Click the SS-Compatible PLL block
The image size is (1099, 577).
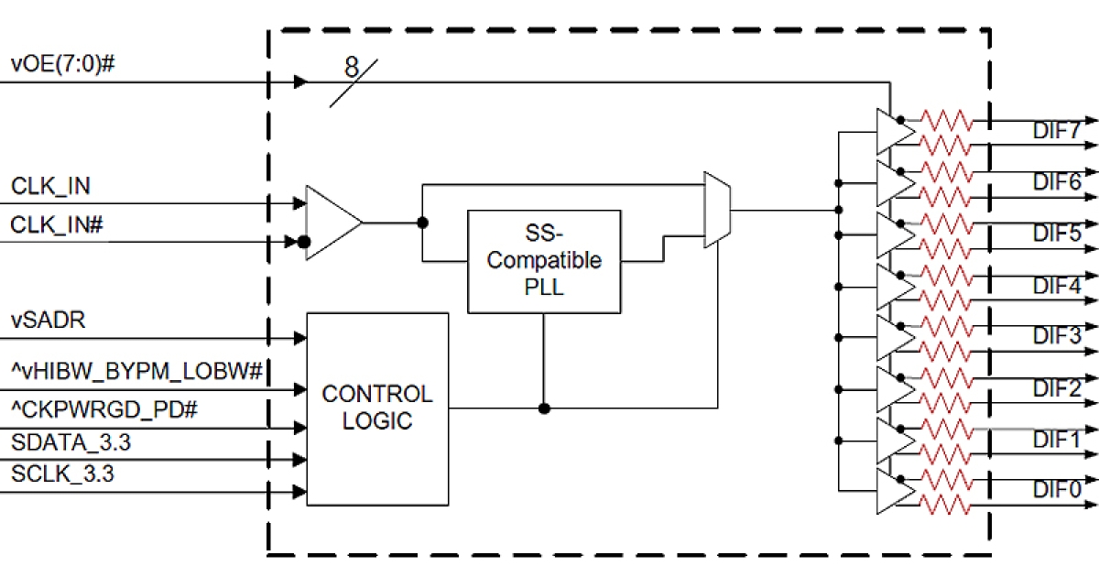(544, 261)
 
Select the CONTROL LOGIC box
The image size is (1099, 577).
(377, 408)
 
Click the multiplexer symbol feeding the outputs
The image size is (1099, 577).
(715, 210)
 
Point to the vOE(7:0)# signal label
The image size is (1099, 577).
(62, 64)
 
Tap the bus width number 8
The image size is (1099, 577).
(352, 67)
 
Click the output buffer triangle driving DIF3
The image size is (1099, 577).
(894, 338)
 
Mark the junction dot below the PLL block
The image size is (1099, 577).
(544, 408)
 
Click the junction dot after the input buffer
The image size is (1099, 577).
(422, 223)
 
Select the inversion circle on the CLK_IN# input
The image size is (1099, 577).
(303, 244)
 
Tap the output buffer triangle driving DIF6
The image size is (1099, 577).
(894, 183)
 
